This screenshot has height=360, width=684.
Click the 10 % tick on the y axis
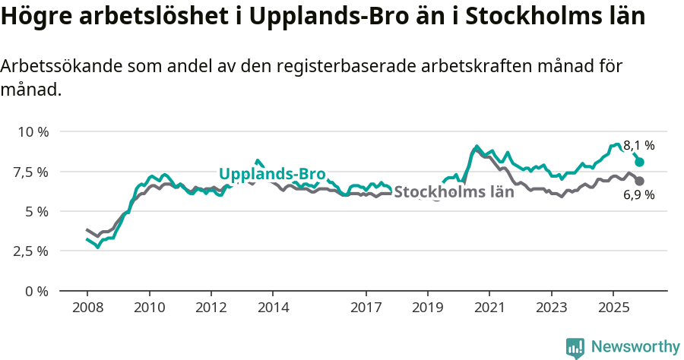33,131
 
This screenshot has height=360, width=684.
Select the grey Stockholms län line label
454,192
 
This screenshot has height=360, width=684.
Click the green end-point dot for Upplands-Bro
640,162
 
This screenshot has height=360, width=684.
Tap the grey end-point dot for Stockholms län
640,181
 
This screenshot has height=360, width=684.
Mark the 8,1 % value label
639,145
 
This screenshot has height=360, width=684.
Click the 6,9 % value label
639,195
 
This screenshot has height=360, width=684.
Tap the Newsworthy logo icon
575,347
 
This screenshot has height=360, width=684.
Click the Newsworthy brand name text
635,347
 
